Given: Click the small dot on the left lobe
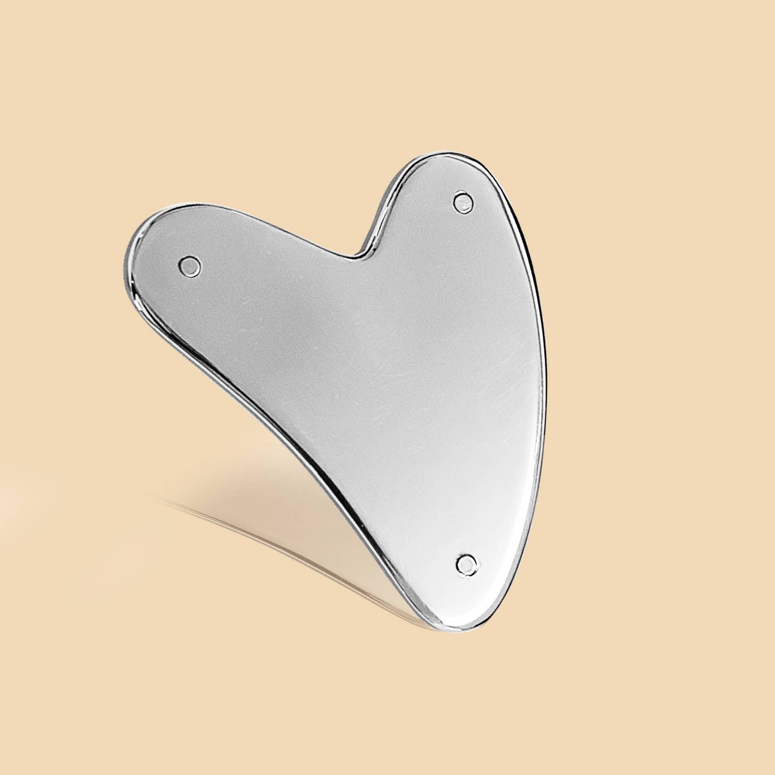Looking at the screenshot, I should point(189,265).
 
